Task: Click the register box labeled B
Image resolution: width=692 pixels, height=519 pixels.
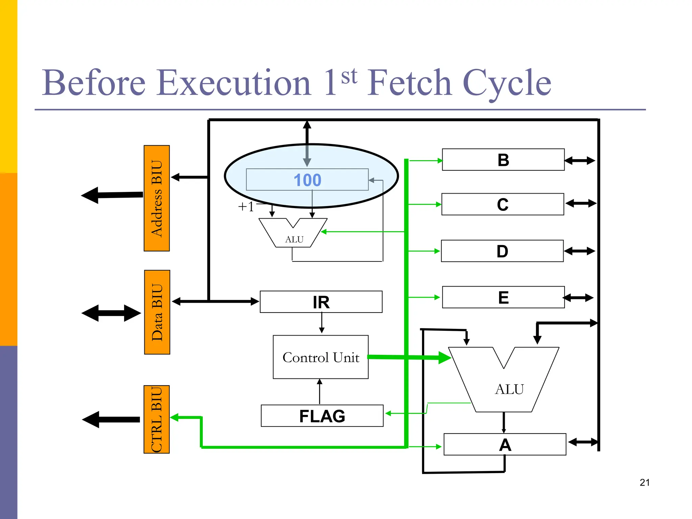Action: click(503, 159)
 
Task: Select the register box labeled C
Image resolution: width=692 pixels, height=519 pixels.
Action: click(502, 204)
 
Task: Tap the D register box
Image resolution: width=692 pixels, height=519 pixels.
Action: click(502, 251)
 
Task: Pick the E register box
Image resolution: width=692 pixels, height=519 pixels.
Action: click(503, 297)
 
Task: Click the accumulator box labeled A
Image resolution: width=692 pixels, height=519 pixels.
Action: click(504, 445)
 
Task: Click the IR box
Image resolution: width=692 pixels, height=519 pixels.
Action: click(321, 302)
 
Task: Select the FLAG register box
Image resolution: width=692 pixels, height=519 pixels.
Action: click(322, 416)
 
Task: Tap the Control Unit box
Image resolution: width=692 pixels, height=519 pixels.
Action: click(320, 357)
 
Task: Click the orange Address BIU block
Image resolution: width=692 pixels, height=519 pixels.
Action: click(156, 198)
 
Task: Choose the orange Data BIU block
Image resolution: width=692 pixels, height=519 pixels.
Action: click(157, 312)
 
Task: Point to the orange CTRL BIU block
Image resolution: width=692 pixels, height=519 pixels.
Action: click(156, 419)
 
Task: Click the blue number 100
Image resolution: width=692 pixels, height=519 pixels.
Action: click(307, 180)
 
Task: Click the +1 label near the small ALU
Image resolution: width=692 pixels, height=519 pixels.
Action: click(246, 206)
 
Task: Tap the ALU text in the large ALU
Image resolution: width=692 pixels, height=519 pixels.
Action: click(509, 389)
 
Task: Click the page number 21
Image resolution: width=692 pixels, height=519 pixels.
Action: click(644, 483)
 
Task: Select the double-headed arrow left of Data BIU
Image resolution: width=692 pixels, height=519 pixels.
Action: click(111, 313)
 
